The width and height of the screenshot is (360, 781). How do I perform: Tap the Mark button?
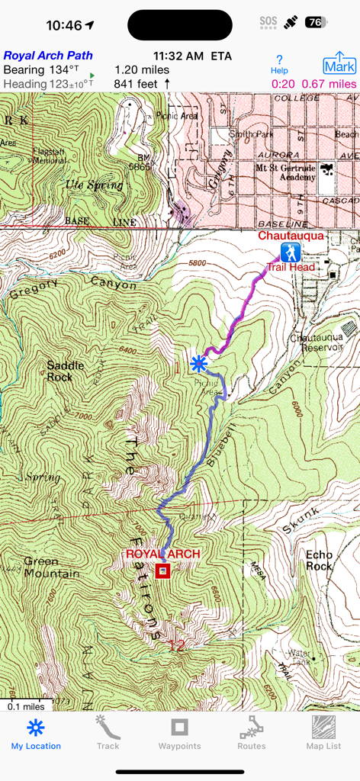coord(339,63)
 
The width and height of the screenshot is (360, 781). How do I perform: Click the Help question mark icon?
coord(280,63)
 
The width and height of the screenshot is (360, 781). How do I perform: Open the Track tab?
coord(108,734)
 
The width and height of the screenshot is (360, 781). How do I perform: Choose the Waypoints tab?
coord(179,734)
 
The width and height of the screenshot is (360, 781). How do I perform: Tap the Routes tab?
coord(251,734)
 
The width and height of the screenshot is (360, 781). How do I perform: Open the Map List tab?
coord(323,734)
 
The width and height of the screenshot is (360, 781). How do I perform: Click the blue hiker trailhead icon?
coord(290,252)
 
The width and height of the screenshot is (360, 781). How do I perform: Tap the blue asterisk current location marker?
coord(199,362)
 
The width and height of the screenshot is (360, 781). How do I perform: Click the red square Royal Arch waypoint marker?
coord(162,570)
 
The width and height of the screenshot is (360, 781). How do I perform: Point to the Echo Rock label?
coord(319,561)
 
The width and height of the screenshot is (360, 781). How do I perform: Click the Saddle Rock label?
coord(65,371)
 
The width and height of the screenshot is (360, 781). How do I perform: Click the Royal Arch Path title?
coord(48,56)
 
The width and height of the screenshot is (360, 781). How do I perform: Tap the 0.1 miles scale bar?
coord(27,705)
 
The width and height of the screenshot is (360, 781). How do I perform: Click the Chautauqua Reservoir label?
coord(317,342)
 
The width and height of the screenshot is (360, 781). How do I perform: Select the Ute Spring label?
coord(95,185)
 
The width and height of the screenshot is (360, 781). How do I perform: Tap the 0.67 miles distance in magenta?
coord(329,84)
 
